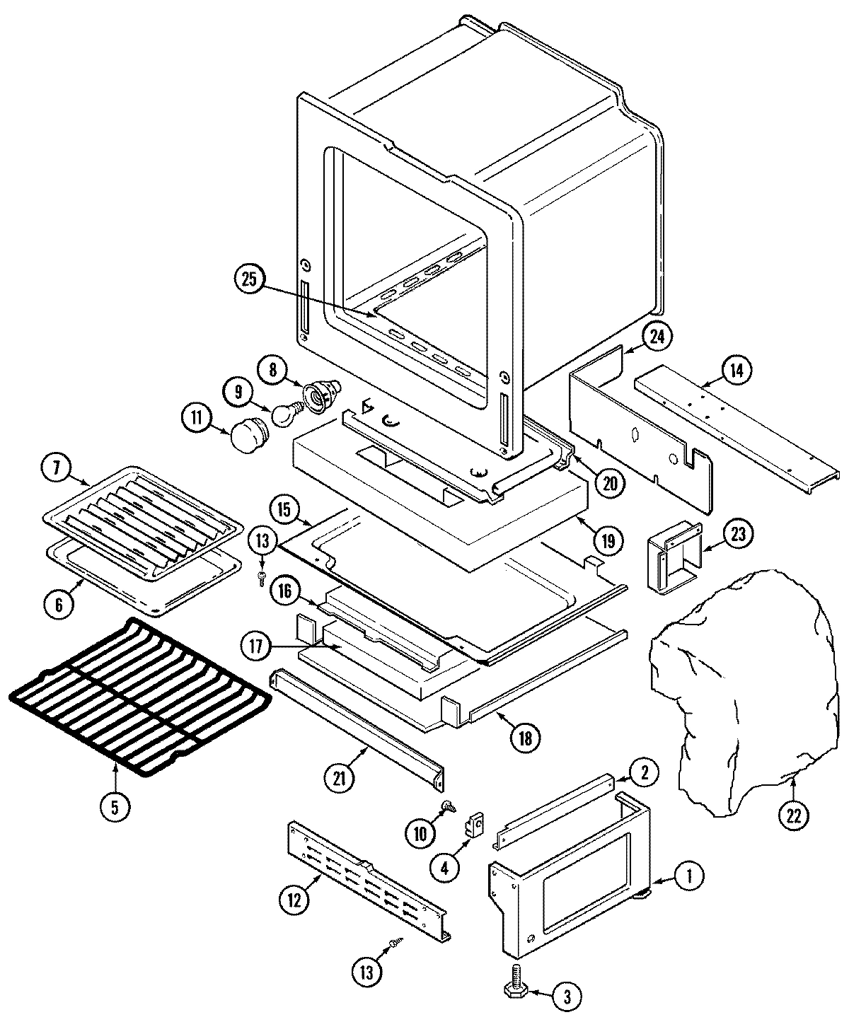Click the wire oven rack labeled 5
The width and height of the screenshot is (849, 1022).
click(139, 697)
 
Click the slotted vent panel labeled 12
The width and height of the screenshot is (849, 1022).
click(368, 881)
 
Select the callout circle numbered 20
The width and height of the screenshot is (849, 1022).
click(610, 483)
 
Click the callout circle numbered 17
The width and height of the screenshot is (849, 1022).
click(256, 646)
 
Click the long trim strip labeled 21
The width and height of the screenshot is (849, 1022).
click(359, 728)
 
